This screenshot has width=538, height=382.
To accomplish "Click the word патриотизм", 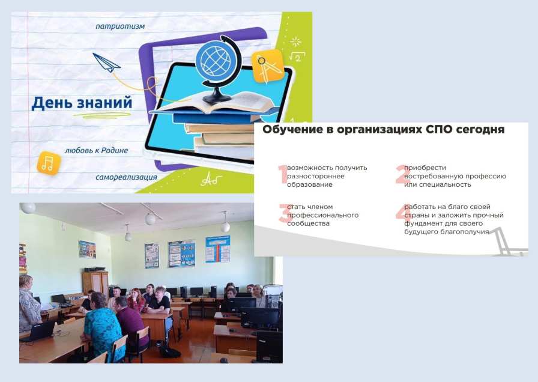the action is click(x=120, y=26).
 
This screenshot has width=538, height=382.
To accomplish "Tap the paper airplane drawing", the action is click(x=106, y=63).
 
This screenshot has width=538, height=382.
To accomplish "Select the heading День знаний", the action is click(x=82, y=103).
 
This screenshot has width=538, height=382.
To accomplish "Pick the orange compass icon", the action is click(x=268, y=67).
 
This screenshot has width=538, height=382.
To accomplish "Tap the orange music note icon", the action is click(x=49, y=163).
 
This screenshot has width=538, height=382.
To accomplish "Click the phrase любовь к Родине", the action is click(x=97, y=150).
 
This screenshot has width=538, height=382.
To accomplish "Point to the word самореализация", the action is click(x=126, y=177).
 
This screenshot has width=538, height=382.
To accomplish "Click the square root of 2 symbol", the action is click(x=297, y=56).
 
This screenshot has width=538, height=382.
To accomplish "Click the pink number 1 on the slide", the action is click(x=283, y=174).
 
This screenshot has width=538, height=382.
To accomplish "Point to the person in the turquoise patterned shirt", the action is click(x=102, y=327).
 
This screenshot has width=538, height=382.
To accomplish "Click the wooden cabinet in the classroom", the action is click(x=95, y=283).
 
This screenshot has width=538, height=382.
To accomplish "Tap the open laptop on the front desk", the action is click(x=40, y=331).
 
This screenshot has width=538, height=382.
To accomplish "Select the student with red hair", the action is click(x=136, y=300).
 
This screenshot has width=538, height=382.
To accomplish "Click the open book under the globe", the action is click(x=212, y=103).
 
